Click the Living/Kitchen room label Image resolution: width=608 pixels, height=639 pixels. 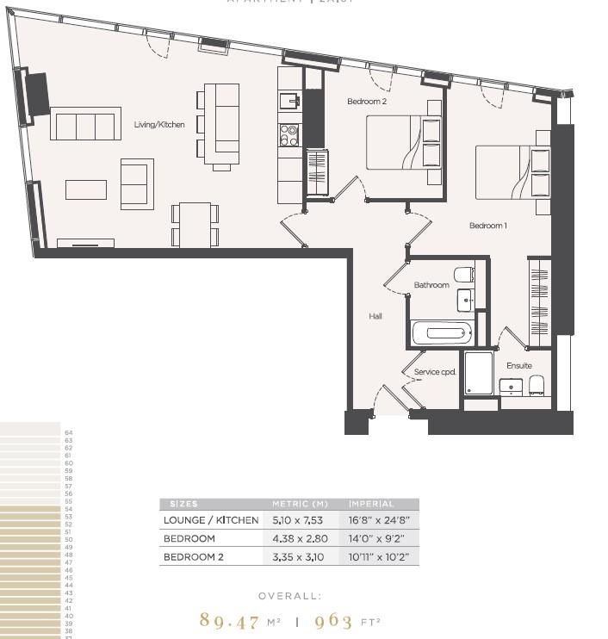tap(159, 125)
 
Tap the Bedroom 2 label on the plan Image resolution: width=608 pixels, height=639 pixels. tap(367, 102)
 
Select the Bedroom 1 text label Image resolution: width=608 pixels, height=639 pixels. tap(487, 226)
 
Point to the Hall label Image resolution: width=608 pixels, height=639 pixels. tap(375, 316)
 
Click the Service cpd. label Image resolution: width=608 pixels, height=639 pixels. tap(435, 372)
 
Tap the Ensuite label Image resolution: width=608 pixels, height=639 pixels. tap(518, 365)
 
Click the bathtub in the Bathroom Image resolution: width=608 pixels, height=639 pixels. tap(443, 332)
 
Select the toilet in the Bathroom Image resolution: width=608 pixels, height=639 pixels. tap(463, 275)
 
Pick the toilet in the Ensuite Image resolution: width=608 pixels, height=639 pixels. tap(537, 384)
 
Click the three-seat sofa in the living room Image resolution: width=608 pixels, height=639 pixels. tap(85, 125)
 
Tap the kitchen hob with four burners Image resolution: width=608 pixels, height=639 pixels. tap(288, 134)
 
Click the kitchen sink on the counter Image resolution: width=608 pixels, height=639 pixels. tap(291, 101)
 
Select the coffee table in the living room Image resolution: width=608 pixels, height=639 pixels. tap(86, 189)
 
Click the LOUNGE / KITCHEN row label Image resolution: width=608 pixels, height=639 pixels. tap(211, 520)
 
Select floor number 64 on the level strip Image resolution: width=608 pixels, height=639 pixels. tap(68, 432)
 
